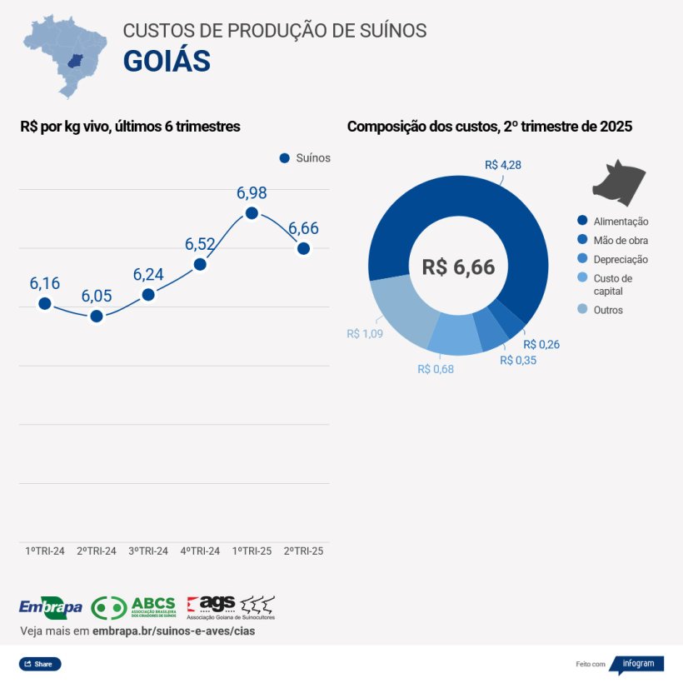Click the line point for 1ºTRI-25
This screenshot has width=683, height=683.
point(252,213)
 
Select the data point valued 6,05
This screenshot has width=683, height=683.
point(97,316)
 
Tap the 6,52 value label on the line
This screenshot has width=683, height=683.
point(200,244)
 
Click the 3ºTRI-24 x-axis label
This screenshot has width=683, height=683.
point(148,551)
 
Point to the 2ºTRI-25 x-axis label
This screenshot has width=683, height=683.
point(303,551)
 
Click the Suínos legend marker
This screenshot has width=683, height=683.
point(284,158)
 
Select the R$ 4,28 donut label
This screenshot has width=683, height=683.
point(503,165)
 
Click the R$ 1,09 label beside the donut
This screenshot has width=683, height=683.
point(364,334)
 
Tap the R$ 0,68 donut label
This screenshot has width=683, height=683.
point(436,369)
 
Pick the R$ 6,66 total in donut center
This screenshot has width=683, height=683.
point(458,267)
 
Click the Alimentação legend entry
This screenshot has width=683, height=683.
point(612,222)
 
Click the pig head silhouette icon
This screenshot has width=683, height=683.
point(618,180)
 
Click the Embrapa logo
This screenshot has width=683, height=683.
point(50,607)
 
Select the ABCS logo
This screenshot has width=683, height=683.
point(133,607)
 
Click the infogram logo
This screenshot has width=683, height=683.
point(637,665)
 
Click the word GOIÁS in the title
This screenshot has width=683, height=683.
point(167,61)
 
